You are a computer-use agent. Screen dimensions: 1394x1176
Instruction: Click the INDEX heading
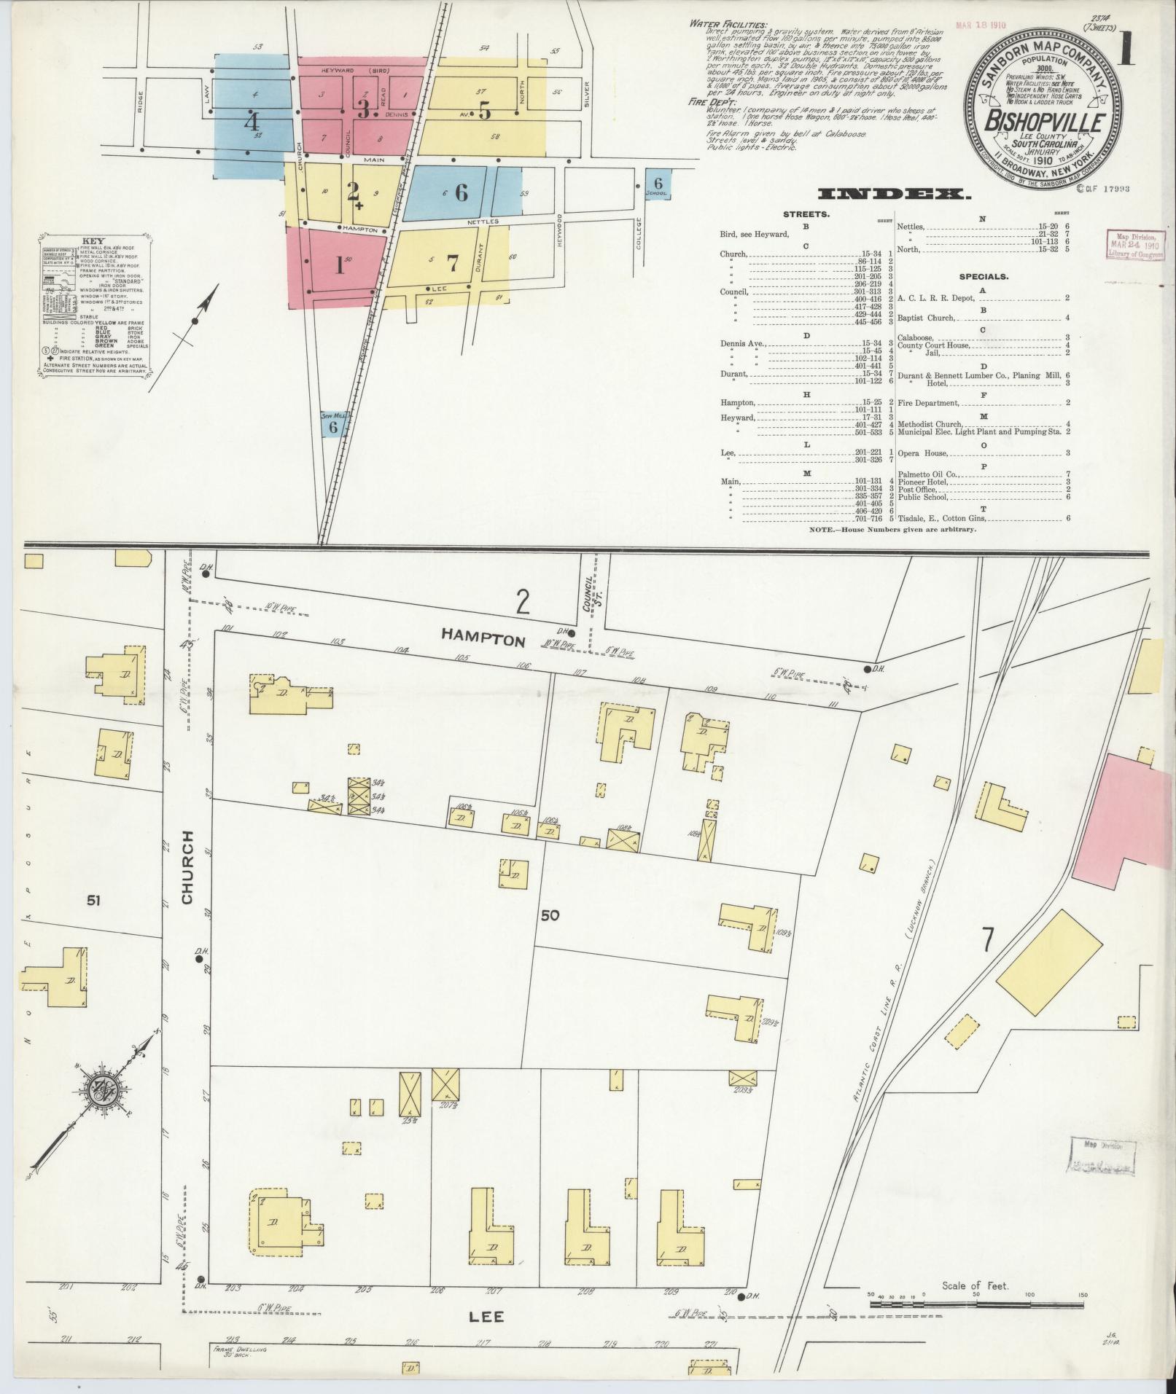(895, 194)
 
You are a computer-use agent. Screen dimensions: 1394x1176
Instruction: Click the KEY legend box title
(93, 240)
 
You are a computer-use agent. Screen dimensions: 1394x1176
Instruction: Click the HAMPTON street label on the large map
(483, 639)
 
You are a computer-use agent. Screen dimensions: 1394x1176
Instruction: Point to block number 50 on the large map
(550, 915)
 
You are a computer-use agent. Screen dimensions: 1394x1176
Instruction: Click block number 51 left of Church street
(92, 901)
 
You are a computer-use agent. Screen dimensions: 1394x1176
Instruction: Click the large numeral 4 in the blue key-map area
(251, 120)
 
